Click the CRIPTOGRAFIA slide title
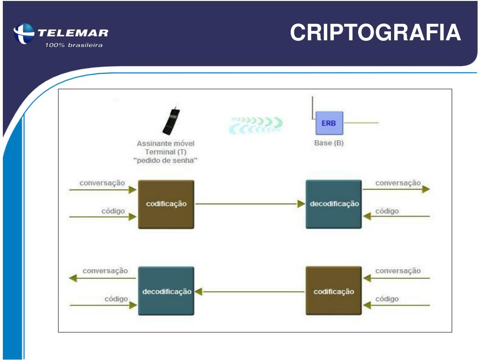point(375,33)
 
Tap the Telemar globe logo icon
point(24,34)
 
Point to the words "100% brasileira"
point(74,45)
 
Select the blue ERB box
point(329,123)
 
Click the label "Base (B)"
point(329,143)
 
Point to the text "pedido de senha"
point(165,161)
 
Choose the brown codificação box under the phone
point(166,204)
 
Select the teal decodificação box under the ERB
point(334,204)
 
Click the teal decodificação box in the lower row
point(166,291)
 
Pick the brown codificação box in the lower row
point(334,291)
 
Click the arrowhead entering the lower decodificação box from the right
point(198,292)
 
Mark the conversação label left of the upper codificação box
point(102,183)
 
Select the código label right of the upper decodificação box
point(387,211)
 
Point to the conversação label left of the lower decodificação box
point(105,270)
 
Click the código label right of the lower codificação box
point(387,299)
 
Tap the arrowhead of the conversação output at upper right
point(426,189)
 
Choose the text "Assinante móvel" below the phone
point(165,143)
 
